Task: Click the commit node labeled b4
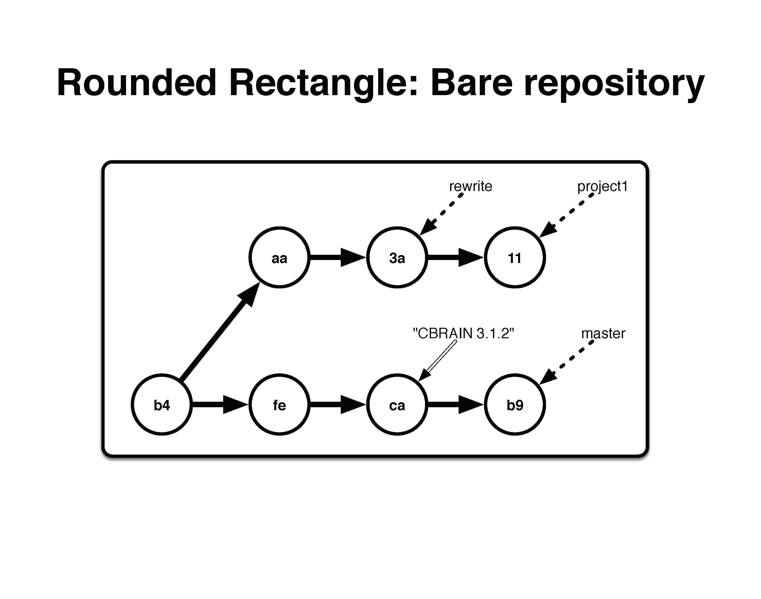162,405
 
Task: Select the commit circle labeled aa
279,258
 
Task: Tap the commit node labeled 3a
397,258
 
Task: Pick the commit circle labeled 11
515,258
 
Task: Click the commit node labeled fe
279,405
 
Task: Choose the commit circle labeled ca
397,405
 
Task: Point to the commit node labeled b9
515,405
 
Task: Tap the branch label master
603,333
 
